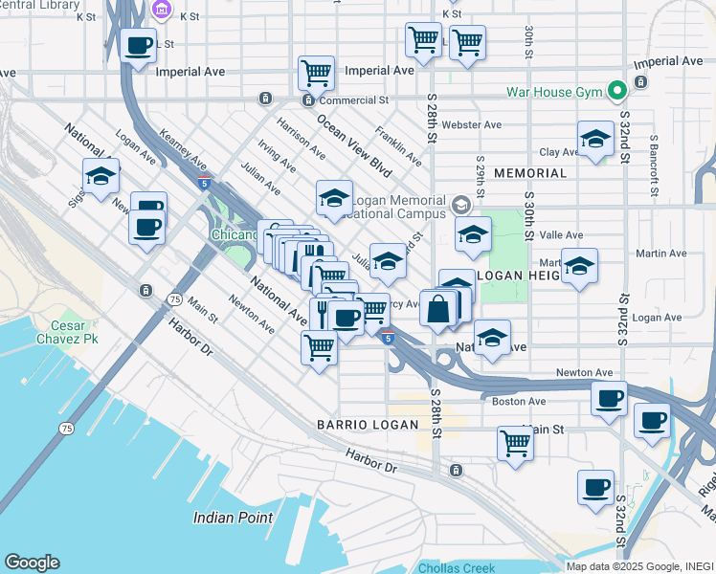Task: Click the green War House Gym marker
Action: tap(618, 93)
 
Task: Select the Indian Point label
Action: tap(233, 518)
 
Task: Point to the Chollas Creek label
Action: tap(457, 567)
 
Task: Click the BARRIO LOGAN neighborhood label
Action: tap(368, 425)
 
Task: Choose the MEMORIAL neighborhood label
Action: tap(530, 173)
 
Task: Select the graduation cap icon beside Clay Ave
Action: tap(595, 140)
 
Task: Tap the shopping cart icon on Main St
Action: tap(515, 442)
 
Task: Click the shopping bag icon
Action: tap(438, 309)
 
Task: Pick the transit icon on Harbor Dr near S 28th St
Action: tap(456, 470)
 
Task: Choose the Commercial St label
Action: tap(353, 99)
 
